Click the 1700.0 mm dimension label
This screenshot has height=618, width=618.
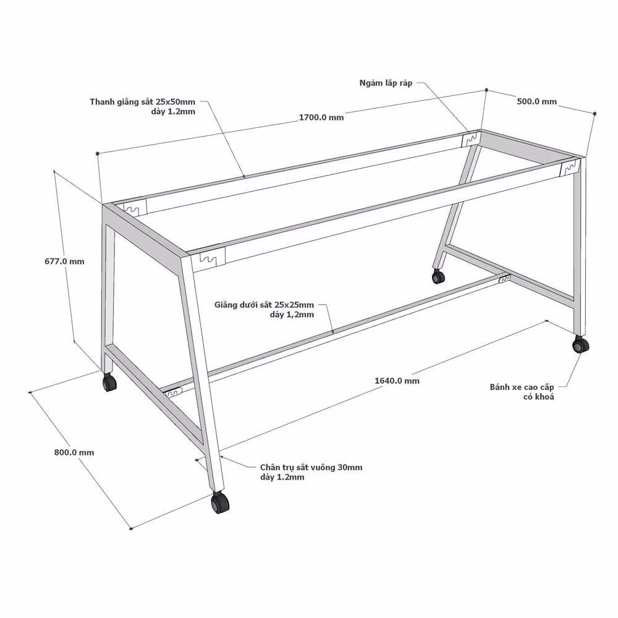(321, 117)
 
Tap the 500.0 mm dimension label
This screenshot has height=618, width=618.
(537, 101)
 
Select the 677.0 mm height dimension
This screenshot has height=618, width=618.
(64, 261)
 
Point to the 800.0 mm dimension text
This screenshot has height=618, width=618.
(74, 452)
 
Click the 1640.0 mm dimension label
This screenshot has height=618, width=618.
(397, 381)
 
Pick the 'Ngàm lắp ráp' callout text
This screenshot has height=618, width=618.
(386, 83)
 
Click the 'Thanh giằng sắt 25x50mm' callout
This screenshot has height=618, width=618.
(142, 102)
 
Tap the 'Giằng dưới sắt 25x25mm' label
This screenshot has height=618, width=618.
(264, 305)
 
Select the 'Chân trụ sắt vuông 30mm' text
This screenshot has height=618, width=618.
(311, 467)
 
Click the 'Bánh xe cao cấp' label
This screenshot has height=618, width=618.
(522, 387)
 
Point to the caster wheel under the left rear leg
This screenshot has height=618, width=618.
(109, 382)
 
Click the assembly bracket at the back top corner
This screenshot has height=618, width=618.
(471, 139)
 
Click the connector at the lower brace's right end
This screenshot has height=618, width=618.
(504, 279)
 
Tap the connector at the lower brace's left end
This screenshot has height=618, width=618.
(172, 393)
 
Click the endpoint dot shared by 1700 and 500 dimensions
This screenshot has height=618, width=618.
(486, 90)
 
